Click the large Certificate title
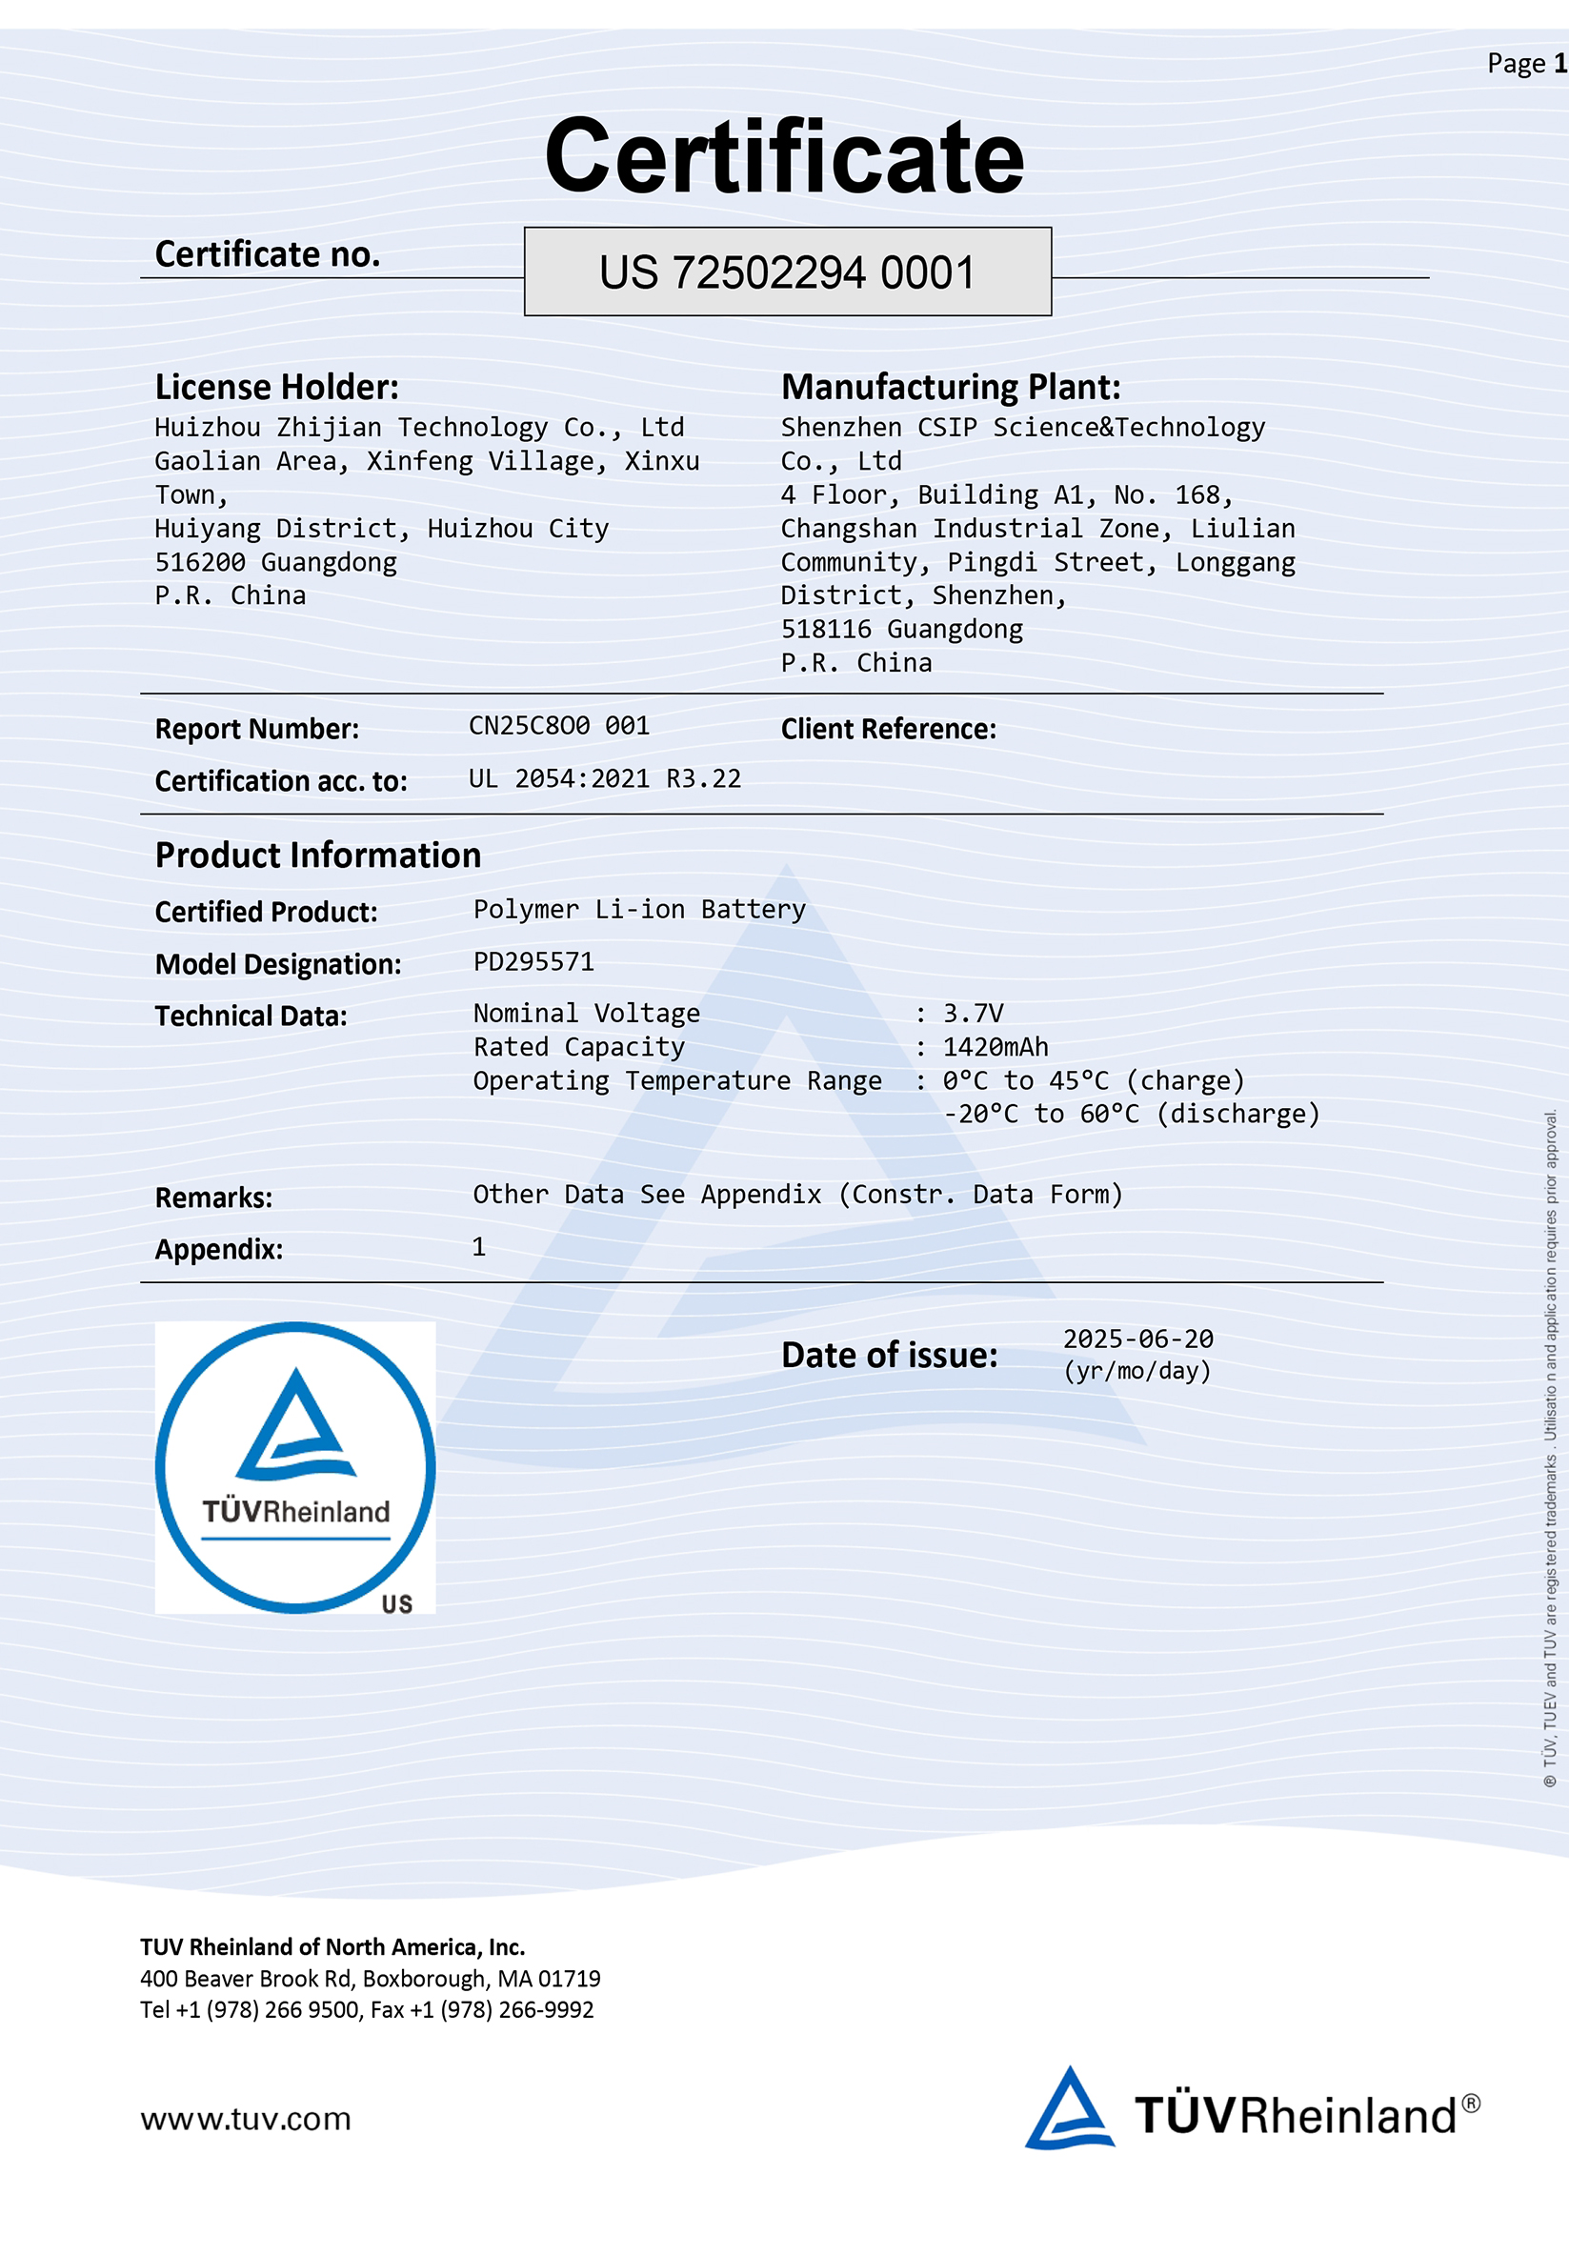coord(785,157)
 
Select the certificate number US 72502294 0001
coord(788,273)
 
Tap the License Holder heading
coord(277,387)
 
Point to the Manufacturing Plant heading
coord(951,387)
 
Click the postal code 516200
coord(200,563)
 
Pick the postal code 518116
coord(826,630)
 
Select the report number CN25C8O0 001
coord(558,726)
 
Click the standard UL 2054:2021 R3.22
coord(604,779)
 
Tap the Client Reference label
coord(888,729)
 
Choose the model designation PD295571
coord(533,961)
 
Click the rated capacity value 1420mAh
coord(995,1047)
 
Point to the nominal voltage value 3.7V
coord(973,1014)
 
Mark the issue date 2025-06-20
coord(1138,1339)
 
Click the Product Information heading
coord(318,856)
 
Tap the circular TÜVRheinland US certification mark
coord(295,1467)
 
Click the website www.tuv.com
coord(246,2120)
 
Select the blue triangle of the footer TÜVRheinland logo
coord(1068,2109)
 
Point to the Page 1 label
coord(1526,64)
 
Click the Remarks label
coord(214,1198)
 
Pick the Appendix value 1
coord(479,1247)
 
